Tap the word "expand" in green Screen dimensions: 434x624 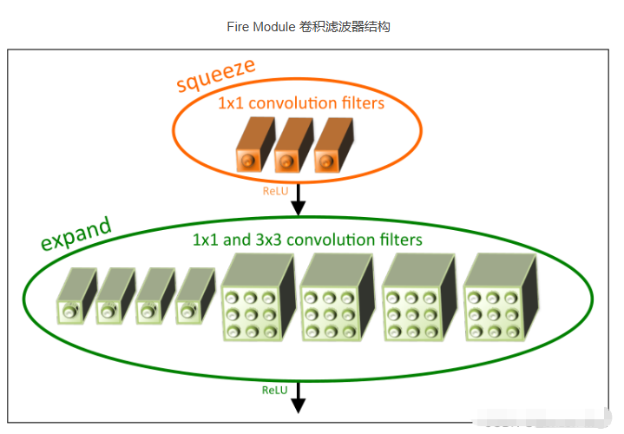click(77, 232)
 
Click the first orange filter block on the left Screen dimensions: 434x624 click(253, 148)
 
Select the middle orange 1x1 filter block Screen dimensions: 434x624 click(291, 148)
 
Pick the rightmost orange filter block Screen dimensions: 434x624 click(331, 148)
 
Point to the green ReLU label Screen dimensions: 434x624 click(275, 391)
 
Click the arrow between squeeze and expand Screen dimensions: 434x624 click(299, 199)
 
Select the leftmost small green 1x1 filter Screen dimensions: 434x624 click(75, 297)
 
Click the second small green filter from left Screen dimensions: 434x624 click(115, 297)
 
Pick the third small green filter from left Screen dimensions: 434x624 click(154, 297)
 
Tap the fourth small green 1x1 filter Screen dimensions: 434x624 click(194, 297)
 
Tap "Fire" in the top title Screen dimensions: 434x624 click(239, 27)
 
